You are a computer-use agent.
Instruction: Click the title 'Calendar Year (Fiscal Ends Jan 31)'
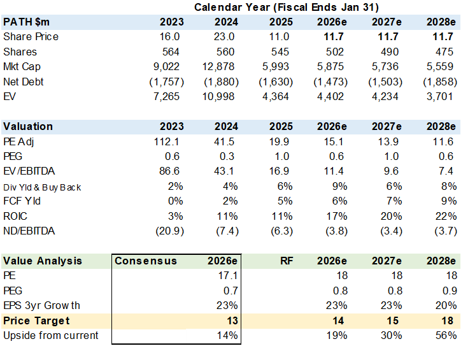[287, 8]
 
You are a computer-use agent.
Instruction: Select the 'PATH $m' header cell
[26, 22]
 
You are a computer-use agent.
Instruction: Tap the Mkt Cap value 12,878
[218, 67]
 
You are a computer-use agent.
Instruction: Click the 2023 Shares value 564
[171, 52]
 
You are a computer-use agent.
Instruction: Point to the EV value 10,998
[218, 97]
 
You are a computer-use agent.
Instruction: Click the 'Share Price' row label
[31, 37]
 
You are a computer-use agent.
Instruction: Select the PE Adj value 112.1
[166, 141]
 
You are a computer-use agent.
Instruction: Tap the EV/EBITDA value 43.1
[224, 171]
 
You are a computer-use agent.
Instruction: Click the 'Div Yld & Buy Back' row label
[42, 187]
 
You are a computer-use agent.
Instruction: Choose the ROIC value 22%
[446, 217]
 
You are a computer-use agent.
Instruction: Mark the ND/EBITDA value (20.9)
[169, 231]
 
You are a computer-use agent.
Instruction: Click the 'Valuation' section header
[28, 126]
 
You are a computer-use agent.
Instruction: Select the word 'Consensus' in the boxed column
[146, 261]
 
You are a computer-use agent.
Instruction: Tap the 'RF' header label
[287, 261]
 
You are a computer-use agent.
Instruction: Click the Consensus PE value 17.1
[228, 276]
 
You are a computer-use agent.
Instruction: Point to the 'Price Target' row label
[36, 320]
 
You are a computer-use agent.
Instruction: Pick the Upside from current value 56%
[446, 336]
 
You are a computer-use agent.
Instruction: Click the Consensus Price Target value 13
[232, 320]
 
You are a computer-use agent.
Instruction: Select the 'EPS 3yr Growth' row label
[41, 306]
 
